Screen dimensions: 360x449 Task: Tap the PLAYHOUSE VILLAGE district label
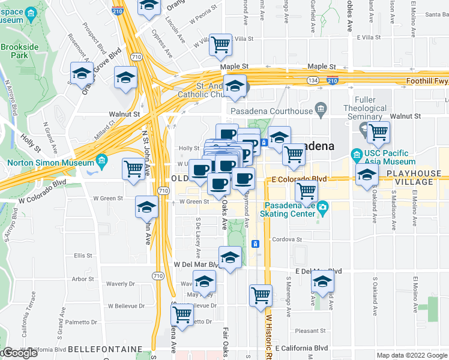(x=418, y=178)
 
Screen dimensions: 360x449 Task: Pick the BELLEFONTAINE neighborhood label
(x=105, y=349)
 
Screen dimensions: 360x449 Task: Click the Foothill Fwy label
(x=427, y=80)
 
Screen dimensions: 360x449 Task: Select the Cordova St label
(x=286, y=239)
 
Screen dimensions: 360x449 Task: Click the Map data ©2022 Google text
(x=412, y=355)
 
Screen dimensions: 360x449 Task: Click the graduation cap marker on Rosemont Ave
(x=82, y=74)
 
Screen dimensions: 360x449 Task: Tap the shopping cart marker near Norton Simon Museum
(x=133, y=168)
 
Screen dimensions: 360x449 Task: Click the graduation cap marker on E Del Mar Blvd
(x=323, y=281)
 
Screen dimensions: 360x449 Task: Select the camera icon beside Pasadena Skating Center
(x=323, y=208)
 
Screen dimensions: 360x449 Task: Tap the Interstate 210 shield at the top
(x=118, y=10)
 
